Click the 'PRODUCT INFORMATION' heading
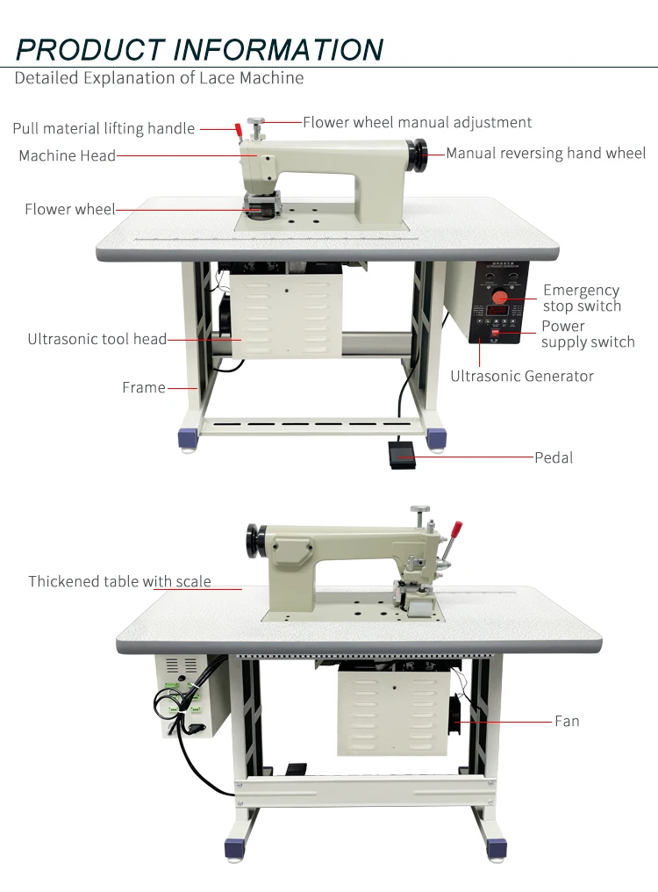click(x=200, y=48)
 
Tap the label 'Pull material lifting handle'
click(x=104, y=128)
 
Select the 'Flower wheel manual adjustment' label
click(x=417, y=122)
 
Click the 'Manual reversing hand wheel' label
click(x=546, y=153)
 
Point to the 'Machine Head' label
click(x=68, y=155)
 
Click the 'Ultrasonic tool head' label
click(x=97, y=339)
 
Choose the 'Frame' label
click(x=144, y=387)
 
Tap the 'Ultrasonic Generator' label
click(x=522, y=376)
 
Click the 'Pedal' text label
click(x=554, y=457)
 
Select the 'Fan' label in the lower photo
click(x=567, y=721)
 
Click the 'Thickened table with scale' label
click(x=119, y=581)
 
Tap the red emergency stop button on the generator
click(x=499, y=297)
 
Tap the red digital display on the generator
click(x=497, y=311)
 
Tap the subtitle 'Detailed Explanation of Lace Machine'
click(x=159, y=78)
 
